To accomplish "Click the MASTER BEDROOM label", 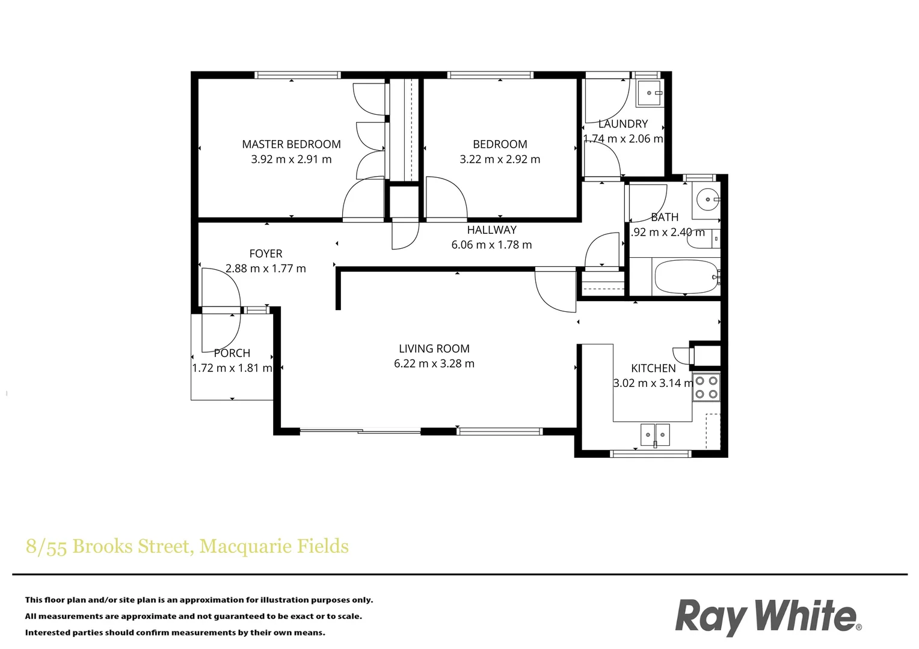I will (291, 144).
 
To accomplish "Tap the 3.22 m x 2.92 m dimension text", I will (500, 159).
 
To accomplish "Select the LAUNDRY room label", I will (623, 124).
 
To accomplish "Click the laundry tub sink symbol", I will (650, 93).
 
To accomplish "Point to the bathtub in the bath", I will (686, 276).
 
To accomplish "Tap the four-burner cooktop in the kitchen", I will (706, 388).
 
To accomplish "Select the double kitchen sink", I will (655, 434).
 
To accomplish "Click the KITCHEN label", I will (653, 368).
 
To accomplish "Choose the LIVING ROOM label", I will (434, 349).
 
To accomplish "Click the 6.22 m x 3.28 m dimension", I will (434, 364).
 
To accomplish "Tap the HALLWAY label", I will (491, 230).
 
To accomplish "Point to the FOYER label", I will (266, 254).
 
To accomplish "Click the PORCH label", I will (232, 353).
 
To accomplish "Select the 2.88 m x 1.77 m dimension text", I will (266, 269).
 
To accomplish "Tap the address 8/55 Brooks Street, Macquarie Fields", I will (187, 546).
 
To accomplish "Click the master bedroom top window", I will (298, 75).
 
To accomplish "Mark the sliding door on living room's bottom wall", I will (360, 431).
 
